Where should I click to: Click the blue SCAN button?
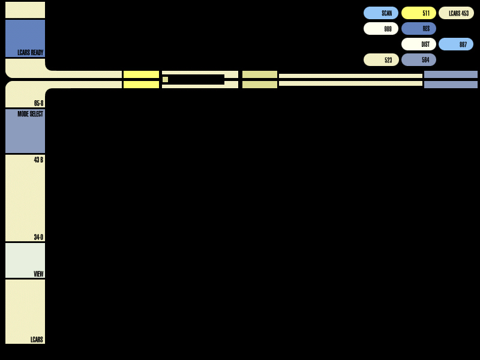(x=381, y=13)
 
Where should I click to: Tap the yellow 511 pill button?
(x=419, y=13)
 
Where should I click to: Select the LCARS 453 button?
(x=456, y=13)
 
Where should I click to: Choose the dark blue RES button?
(x=419, y=28)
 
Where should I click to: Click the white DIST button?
(x=419, y=44)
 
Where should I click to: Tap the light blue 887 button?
(x=456, y=44)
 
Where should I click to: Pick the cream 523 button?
(x=381, y=59)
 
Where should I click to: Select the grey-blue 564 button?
(x=419, y=59)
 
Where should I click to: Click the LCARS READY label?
(x=31, y=53)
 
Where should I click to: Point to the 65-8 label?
(x=38, y=103)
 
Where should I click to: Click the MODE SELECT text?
(x=31, y=114)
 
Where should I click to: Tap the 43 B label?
(x=38, y=160)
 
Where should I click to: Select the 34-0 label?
(x=38, y=237)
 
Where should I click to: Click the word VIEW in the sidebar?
(x=38, y=274)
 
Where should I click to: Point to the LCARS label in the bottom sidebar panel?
(x=37, y=340)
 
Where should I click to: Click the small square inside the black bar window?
(x=166, y=80)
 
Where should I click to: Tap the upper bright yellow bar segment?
(x=141, y=74)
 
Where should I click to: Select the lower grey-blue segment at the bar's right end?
(x=451, y=85)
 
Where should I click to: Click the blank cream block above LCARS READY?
(x=25, y=10)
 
